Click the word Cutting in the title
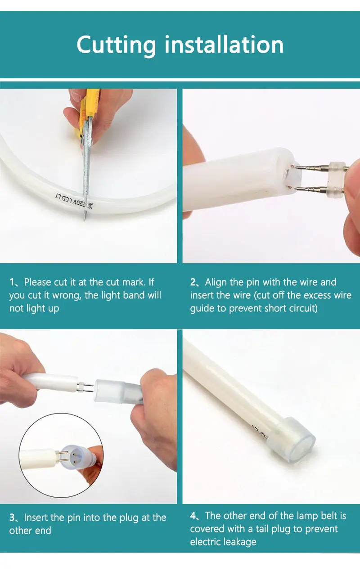[116, 45]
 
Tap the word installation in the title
[224, 44]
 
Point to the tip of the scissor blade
[85, 220]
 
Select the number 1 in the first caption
[12, 283]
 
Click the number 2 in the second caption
[193, 282]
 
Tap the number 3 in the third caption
[12, 518]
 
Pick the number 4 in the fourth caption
[193, 516]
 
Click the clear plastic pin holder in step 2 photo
[337, 178]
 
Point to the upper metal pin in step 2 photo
[311, 168]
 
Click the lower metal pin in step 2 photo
[311, 189]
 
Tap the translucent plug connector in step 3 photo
[118, 391]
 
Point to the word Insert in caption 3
[36, 518]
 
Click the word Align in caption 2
[216, 283]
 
